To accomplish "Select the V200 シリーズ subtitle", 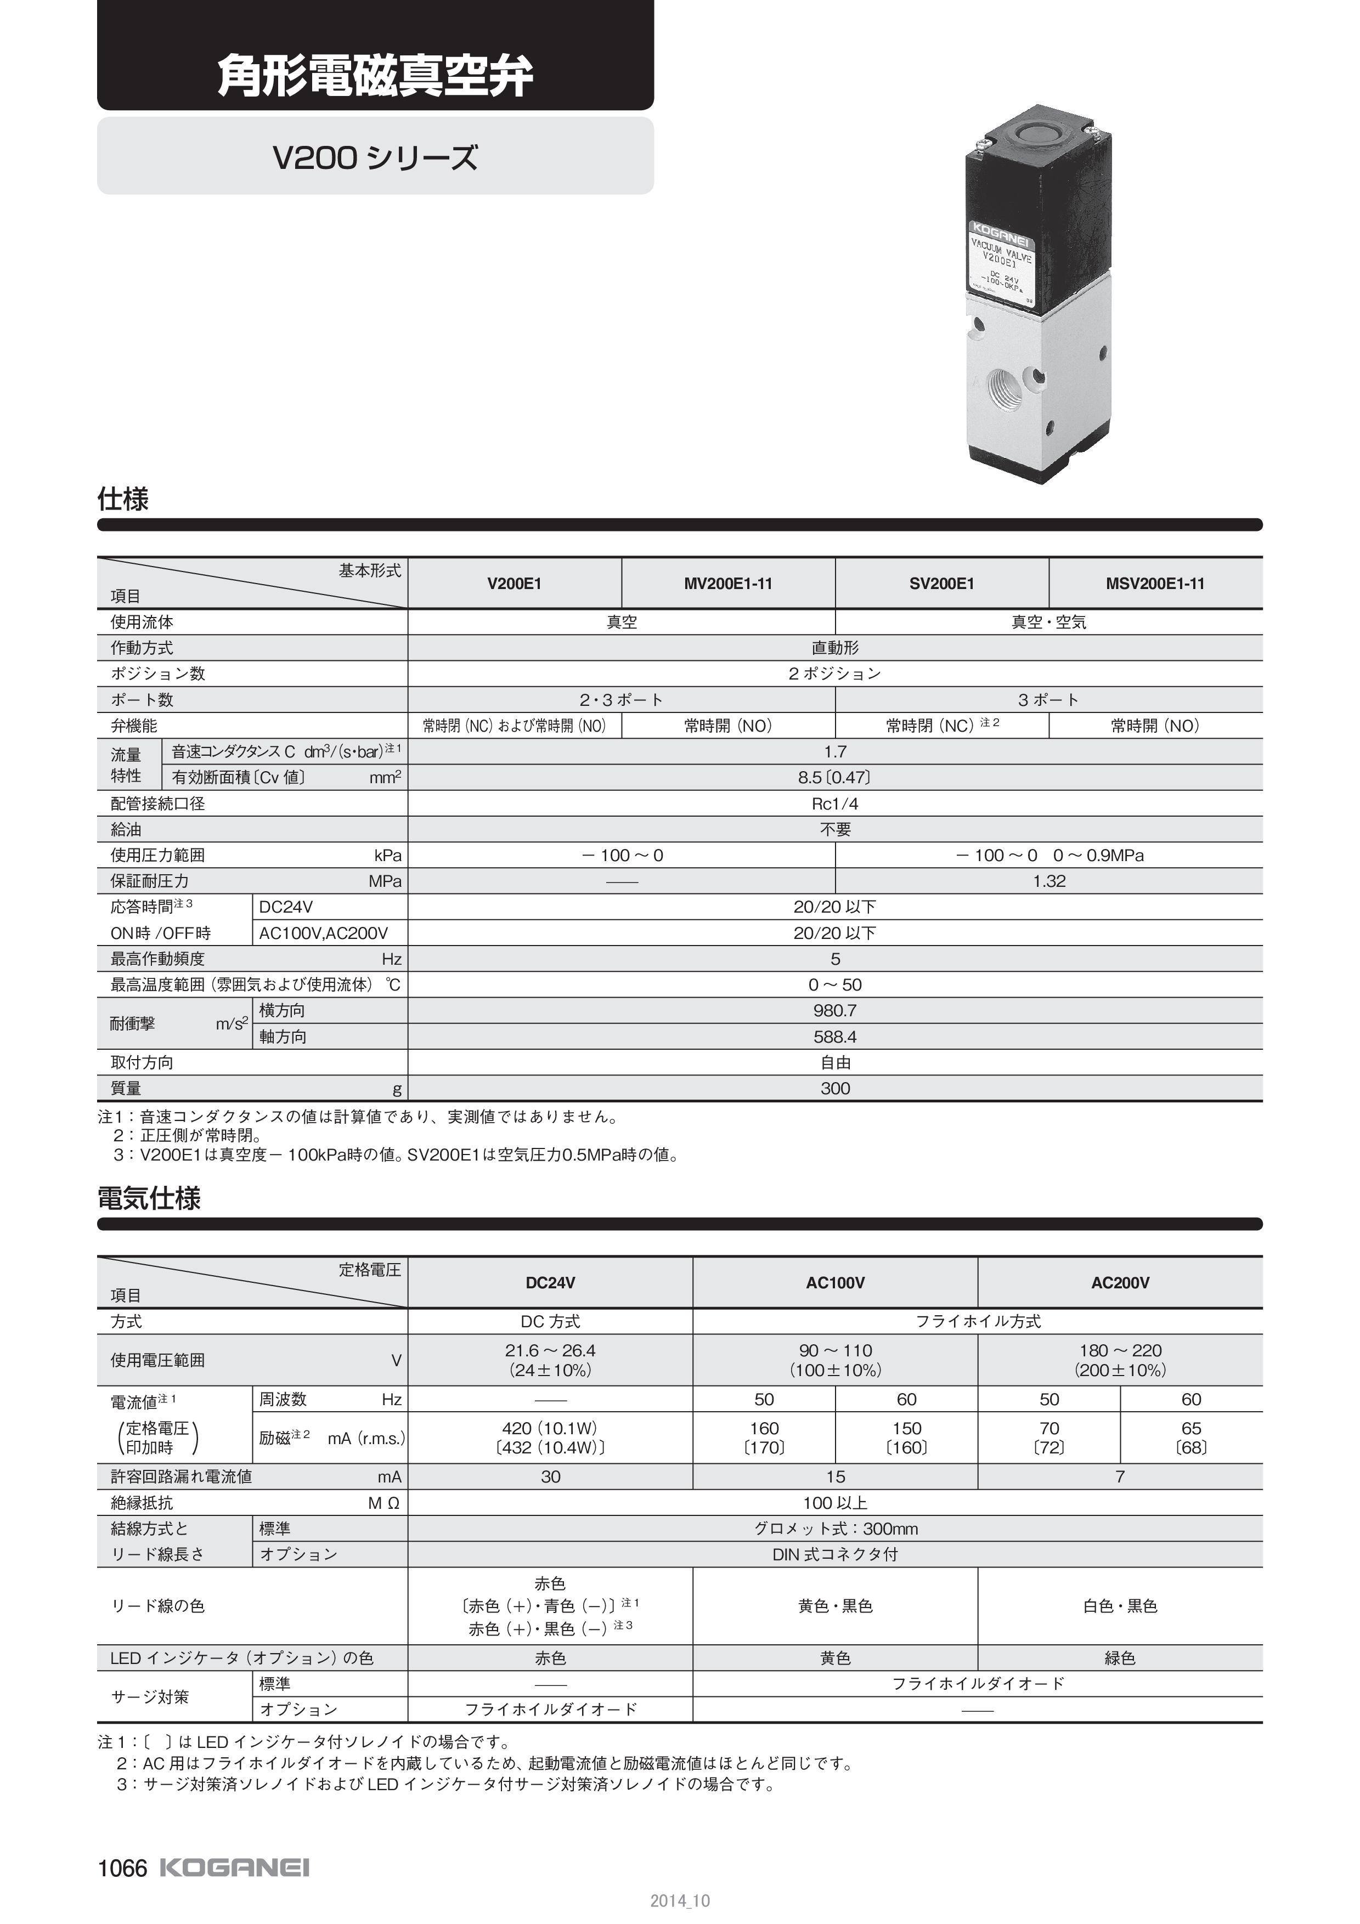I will [x=375, y=157].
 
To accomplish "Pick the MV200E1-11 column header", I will [x=727, y=583].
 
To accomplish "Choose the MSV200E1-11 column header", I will [x=1155, y=583].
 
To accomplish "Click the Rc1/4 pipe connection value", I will [x=834, y=803].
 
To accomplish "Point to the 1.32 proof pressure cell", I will [x=1048, y=881].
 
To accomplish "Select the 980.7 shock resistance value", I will [x=834, y=1011].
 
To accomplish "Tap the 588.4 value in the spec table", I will [x=834, y=1037].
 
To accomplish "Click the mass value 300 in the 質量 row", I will [x=834, y=1089].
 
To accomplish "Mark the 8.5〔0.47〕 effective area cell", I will [x=834, y=778].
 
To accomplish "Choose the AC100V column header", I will [x=834, y=1283].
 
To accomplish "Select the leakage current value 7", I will [x=1120, y=1476].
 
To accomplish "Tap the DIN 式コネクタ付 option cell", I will [x=834, y=1554].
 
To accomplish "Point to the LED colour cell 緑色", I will [x=1120, y=1659].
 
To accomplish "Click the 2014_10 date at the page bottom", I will [x=680, y=1900].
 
